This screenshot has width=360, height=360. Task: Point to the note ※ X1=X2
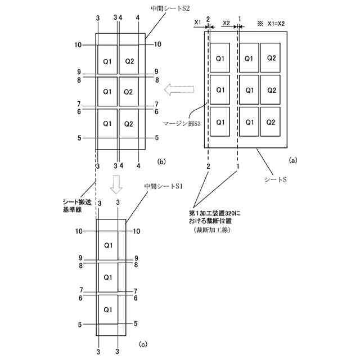(x=272, y=24)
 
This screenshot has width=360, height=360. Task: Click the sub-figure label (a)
(x=292, y=160)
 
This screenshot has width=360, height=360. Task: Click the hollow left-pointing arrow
(x=179, y=89)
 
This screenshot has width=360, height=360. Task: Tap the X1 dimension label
(x=197, y=22)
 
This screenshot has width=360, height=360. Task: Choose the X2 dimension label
(x=225, y=22)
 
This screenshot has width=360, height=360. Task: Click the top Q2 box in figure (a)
(x=271, y=57)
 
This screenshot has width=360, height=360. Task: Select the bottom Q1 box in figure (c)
(x=108, y=309)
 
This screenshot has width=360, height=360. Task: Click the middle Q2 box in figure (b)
(x=129, y=92)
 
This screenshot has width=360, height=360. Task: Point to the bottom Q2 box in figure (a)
(x=271, y=121)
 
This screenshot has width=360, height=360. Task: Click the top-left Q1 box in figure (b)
(x=107, y=60)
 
